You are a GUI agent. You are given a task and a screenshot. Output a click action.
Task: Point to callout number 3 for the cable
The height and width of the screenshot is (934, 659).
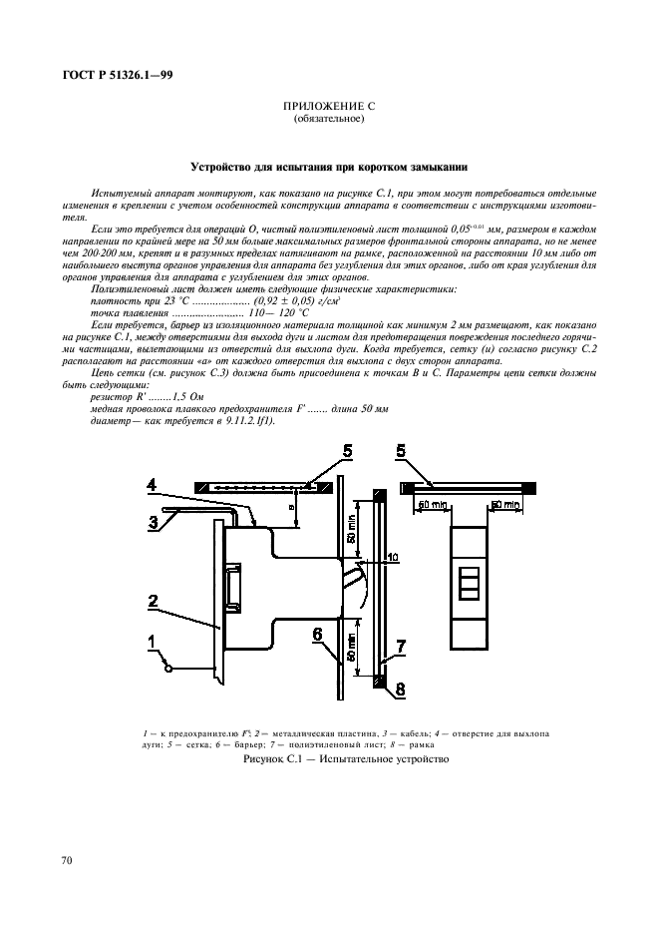coord(155,521)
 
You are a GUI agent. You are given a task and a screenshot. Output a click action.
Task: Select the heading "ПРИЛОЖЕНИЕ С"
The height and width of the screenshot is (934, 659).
coord(329,107)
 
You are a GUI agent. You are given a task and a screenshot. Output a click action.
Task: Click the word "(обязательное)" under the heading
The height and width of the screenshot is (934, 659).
coord(329,119)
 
